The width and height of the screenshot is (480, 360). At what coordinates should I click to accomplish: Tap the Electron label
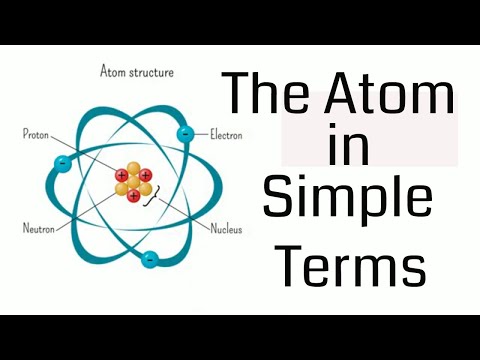228,133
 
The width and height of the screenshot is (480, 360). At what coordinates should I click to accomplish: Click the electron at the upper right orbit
183,134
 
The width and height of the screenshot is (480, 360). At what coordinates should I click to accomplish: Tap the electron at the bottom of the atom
149,259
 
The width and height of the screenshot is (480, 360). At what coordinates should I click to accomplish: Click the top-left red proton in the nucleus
122,175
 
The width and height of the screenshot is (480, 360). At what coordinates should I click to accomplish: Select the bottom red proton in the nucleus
135,197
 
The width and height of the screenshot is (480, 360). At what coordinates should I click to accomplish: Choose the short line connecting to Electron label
199,134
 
